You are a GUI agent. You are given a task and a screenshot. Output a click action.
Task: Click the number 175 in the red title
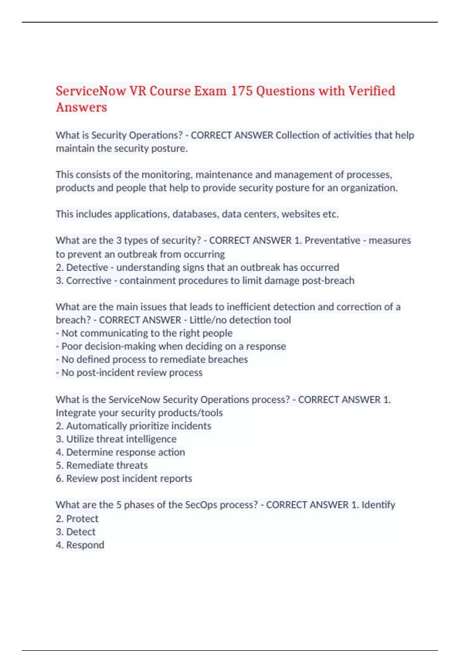(x=241, y=91)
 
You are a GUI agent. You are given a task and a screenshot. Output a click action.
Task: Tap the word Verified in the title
(x=371, y=91)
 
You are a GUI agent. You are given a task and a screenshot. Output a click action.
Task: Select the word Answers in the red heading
(x=81, y=107)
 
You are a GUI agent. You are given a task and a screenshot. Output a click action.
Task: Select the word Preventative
(x=332, y=240)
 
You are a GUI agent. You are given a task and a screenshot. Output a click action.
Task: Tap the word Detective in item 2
(x=87, y=267)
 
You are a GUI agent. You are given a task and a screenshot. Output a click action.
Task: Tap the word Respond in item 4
(x=85, y=545)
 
